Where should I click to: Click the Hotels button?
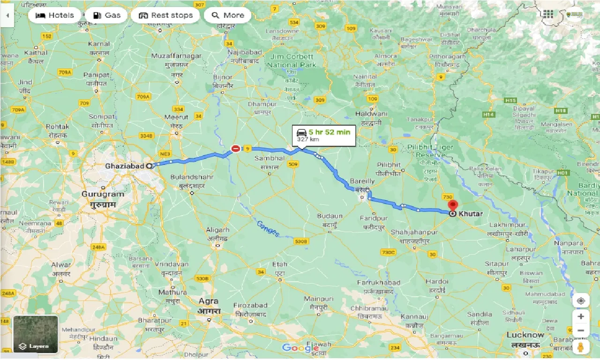54,15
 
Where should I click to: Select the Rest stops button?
165,15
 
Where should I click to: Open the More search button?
228,15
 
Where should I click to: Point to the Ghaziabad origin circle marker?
149,165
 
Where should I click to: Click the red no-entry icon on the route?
236,149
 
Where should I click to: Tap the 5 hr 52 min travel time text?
329,132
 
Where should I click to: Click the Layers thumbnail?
36,334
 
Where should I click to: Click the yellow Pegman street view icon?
581,347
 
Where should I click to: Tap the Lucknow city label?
525,335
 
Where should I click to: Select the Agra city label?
208,301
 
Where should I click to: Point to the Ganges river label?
268,228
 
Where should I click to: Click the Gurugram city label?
103,194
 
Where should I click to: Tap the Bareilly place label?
362,181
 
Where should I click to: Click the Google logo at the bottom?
300,347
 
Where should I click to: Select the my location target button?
581,300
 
